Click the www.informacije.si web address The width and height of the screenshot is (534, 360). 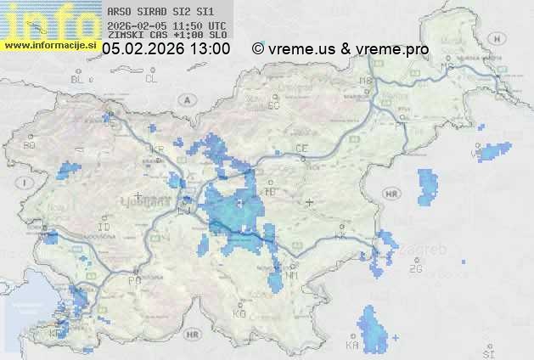(50, 45)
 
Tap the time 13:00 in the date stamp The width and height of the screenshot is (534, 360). (209, 49)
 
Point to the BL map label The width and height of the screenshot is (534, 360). (77, 79)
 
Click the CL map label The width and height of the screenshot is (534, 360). (151, 79)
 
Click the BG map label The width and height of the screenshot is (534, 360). (29, 145)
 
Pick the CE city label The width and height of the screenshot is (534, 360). (301, 149)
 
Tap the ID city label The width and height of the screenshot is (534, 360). (104, 228)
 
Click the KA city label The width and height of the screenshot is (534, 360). (351, 346)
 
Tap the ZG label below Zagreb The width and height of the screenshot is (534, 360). (415, 269)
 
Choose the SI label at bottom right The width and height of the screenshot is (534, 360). (487, 352)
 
